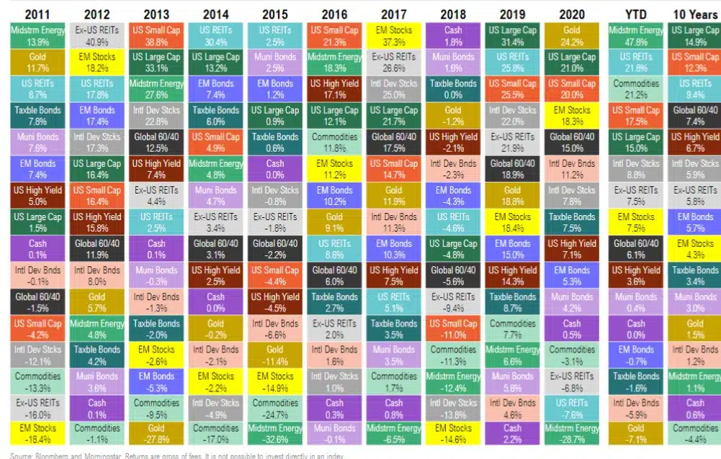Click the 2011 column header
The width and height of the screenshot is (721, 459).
pyautogui.click(x=37, y=14)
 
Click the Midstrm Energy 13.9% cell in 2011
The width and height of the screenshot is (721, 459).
pyautogui.click(x=37, y=36)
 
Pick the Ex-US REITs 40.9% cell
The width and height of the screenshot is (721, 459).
pyautogui.click(x=97, y=36)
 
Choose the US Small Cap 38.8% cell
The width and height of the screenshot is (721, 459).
pyautogui.click(x=156, y=36)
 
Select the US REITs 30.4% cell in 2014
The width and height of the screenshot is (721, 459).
pyautogui.click(x=215, y=36)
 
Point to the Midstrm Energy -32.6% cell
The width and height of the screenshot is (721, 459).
pyautogui.click(x=275, y=435)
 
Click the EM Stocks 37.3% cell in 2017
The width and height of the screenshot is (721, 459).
pyautogui.click(x=393, y=36)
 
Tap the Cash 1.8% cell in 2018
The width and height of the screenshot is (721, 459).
pyautogui.click(x=453, y=36)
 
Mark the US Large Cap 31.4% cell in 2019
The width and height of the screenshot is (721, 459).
pyautogui.click(x=512, y=36)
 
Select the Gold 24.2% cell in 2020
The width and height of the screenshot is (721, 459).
pyautogui.click(x=572, y=36)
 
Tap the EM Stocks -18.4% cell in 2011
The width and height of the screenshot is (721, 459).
pyautogui.click(x=37, y=435)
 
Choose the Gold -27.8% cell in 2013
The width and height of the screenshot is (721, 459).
pyautogui.click(x=156, y=435)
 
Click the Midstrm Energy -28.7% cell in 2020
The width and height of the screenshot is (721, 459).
pyautogui.click(x=572, y=435)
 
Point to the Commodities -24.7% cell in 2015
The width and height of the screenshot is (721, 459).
pyautogui.click(x=275, y=408)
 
